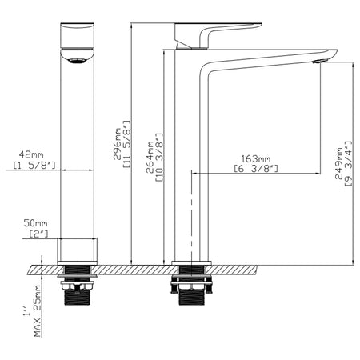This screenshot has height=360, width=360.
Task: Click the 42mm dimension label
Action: pyautogui.click(x=31, y=154)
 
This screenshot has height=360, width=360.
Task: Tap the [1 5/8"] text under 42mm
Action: pyautogui.click(x=34, y=166)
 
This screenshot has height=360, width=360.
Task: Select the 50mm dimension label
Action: pyautogui.click(x=35, y=223)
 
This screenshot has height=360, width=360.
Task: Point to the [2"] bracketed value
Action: pyautogui.click(x=38, y=234)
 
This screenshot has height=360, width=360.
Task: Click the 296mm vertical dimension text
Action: pyautogui.click(x=117, y=143)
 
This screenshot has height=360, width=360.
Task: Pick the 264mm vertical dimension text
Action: pyautogui.click(x=150, y=157)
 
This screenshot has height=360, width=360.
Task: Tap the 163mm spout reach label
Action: pyautogui.click(x=256, y=159)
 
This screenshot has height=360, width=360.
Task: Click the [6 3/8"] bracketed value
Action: pyautogui.click(x=256, y=169)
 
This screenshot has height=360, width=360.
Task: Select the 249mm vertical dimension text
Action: pyautogui.click(x=338, y=163)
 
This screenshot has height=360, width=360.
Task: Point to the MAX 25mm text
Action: pyautogui.click(x=38, y=311)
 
